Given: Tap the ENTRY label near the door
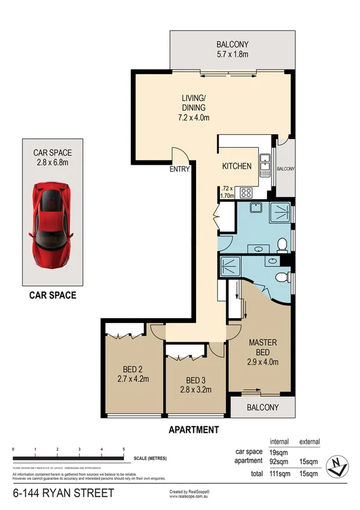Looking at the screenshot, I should tap(179, 169).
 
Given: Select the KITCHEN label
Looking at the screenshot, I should tap(236, 167).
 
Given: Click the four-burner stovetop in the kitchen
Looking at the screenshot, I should tap(246, 192).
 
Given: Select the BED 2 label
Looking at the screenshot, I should tap(133, 369).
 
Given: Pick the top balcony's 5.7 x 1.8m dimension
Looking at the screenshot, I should tap(231, 55).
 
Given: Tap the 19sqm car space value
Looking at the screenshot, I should tap(277, 451).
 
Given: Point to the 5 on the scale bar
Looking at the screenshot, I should tap(123, 449).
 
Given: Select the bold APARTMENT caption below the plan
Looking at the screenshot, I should tap(194, 429).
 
